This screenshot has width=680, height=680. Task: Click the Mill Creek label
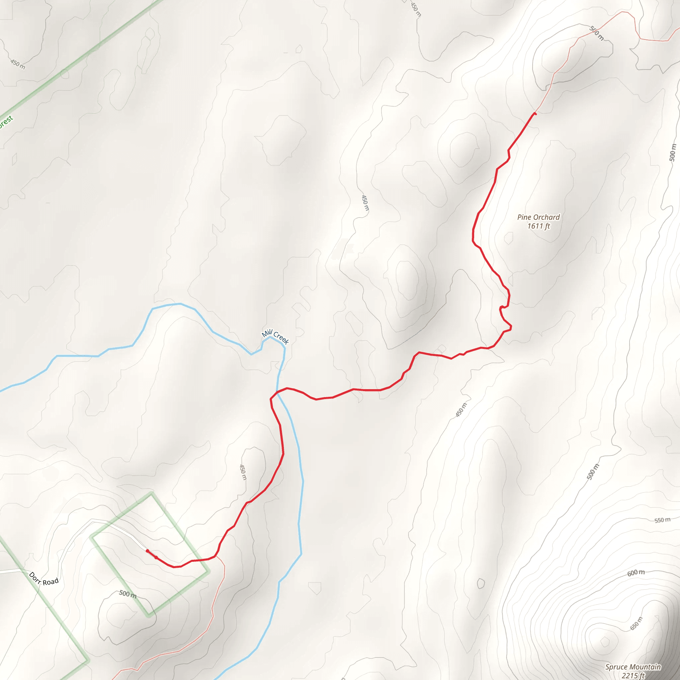[275, 337]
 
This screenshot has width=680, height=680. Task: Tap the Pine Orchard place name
[538, 217]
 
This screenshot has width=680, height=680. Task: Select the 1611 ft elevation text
[539, 226]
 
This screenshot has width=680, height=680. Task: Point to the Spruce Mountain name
[633, 667]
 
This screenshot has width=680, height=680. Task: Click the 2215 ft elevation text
[633, 675]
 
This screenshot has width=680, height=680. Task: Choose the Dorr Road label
[43, 579]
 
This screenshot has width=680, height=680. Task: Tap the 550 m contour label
[662, 520]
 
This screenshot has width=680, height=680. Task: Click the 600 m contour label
[636, 573]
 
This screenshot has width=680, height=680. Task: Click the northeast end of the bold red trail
[535, 113]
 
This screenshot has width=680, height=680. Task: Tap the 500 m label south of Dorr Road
[127, 594]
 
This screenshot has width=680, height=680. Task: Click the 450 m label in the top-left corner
[18, 64]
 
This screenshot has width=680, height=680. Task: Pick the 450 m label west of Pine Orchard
[365, 203]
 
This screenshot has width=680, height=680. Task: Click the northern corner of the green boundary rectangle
[152, 494]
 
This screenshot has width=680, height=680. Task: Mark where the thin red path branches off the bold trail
[215, 556]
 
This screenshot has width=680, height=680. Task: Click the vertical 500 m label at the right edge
[673, 152]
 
